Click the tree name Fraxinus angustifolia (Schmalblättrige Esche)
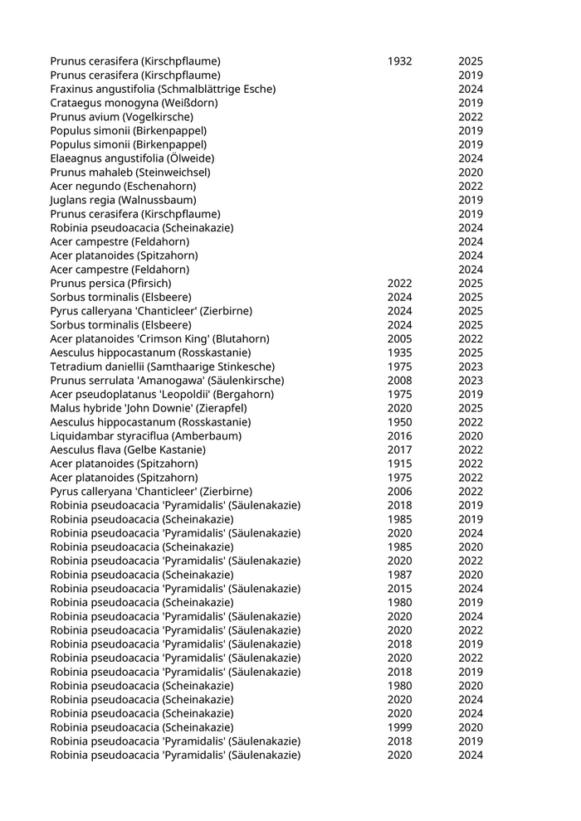click(163, 89)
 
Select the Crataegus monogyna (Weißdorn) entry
click(134, 103)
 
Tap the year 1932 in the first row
click(399, 61)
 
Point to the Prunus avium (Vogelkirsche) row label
click(121, 117)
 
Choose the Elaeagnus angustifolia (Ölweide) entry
click(132, 158)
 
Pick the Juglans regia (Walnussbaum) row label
click(123, 200)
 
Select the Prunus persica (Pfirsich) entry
click(110, 283)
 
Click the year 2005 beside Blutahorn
click(399, 338)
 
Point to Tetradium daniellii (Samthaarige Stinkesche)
click(162, 367)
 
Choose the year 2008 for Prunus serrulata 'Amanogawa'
click(399, 380)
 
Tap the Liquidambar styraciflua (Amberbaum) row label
click(139, 435)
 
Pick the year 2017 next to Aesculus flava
click(399, 449)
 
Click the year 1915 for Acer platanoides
click(399, 464)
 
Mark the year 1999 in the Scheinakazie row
click(399, 727)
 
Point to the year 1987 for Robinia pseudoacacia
click(399, 575)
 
